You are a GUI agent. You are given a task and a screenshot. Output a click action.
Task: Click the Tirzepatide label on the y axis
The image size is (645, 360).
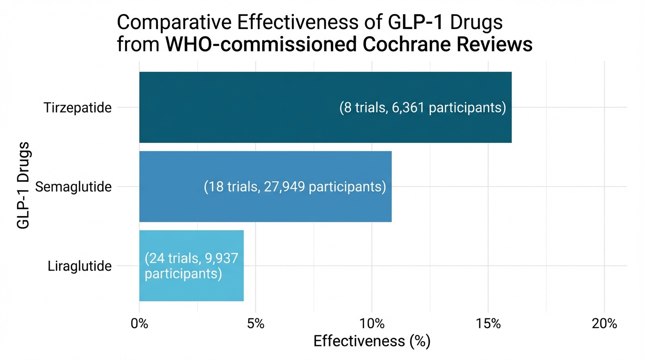[x=78, y=108]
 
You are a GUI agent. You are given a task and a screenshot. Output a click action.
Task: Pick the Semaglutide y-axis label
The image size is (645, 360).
[x=74, y=187]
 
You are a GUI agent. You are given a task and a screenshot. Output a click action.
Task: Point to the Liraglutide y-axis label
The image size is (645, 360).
[x=80, y=266]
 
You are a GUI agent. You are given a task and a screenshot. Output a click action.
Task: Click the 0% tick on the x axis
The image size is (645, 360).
[x=139, y=324]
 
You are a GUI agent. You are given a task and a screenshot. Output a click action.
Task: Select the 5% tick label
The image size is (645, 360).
[x=255, y=324]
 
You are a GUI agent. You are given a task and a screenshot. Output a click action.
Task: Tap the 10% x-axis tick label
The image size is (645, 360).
[x=372, y=324]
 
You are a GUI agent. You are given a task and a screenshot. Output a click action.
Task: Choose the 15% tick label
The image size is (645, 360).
[x=488, y=324]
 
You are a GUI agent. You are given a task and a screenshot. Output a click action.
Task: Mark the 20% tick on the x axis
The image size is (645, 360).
[x=604, y=324]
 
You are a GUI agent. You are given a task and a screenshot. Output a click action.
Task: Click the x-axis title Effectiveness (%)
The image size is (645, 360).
[x=372, y=341]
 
